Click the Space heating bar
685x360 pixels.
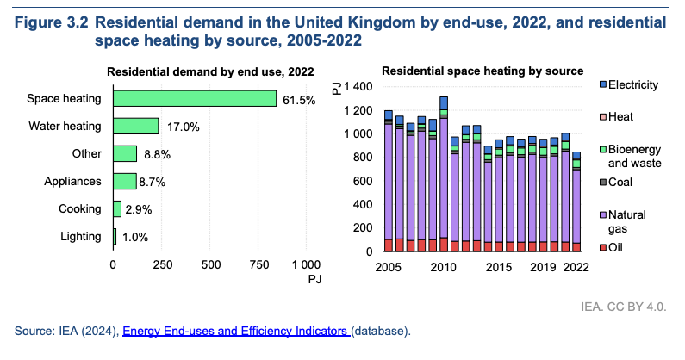[x=195, y=99]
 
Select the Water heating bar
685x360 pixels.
[x=136, y=126]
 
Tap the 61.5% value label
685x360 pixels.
[x=299, y=100]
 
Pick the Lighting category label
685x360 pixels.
[x=78, y=236]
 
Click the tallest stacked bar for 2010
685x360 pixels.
[x=444, y=172]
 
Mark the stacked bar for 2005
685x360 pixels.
[x=389, y=181]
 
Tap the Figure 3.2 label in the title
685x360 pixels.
[x=52, y=21]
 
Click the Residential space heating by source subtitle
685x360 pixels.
[x=483, y=70]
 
